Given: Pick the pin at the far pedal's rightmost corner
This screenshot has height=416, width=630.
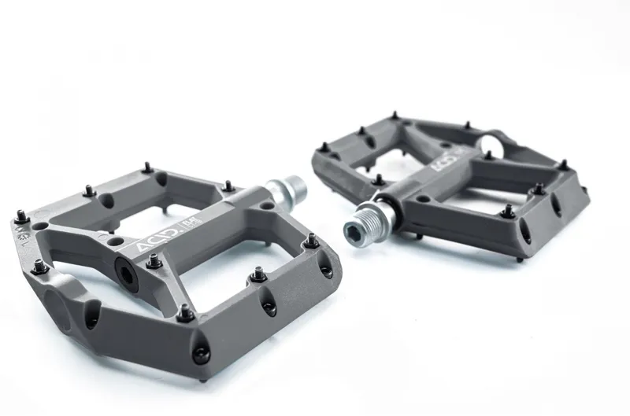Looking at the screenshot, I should pyautogui.click(x=562, y=165).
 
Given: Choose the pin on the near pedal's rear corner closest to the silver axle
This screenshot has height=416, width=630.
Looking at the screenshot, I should pyautogui.click(x=228, y=186).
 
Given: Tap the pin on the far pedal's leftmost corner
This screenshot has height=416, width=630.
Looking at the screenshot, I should pyautogui.click(x=324, y=147).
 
